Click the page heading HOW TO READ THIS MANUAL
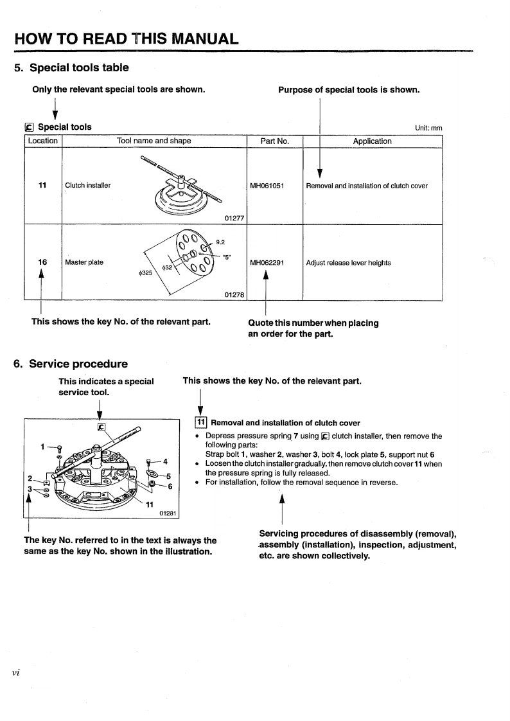click(x=127, y=37)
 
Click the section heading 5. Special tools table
click(x=71, y=67)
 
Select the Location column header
click(x=42, y=141)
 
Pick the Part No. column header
click(x=274, y=141)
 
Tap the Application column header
click(x=372, y=141)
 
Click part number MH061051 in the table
click(x=267, y=186)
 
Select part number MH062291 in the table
click(x=267, y=262)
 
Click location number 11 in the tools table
click(x=42, y=185)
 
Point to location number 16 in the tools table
click(x=42, y=262)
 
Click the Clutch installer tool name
click(x=88, y=186)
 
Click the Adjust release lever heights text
click(x=348, y=262)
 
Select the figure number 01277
click(x=234, y=218)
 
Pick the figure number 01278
click(x=234, y=294)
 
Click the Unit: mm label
click(x=428, y=128)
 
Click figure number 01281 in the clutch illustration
click(x=169, y=513)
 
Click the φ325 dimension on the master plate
click(x=146, y=274)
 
